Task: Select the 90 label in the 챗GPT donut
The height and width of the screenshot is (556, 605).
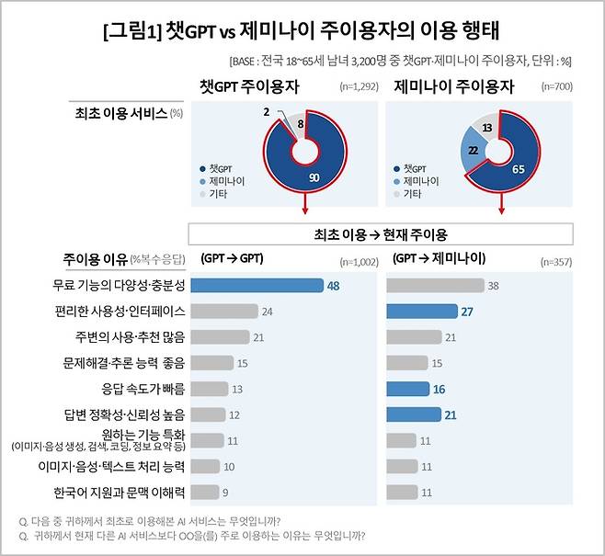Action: click(x=314, y=177)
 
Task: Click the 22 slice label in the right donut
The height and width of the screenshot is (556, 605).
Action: click(x=472, y=149)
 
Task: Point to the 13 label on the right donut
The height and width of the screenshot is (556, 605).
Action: click(x=486, y=128)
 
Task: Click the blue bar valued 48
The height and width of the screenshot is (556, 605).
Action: click(x=261, y=286)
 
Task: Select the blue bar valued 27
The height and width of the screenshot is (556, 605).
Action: click(x=422, y=312)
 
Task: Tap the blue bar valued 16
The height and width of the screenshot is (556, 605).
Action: click(x=407, y=389)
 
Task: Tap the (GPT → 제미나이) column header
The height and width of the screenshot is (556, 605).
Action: click(x=439, y=258)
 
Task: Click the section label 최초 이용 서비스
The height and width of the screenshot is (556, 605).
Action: click(x=120, y=113)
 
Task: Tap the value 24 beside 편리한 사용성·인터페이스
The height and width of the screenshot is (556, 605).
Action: click(x=267, y=312)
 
